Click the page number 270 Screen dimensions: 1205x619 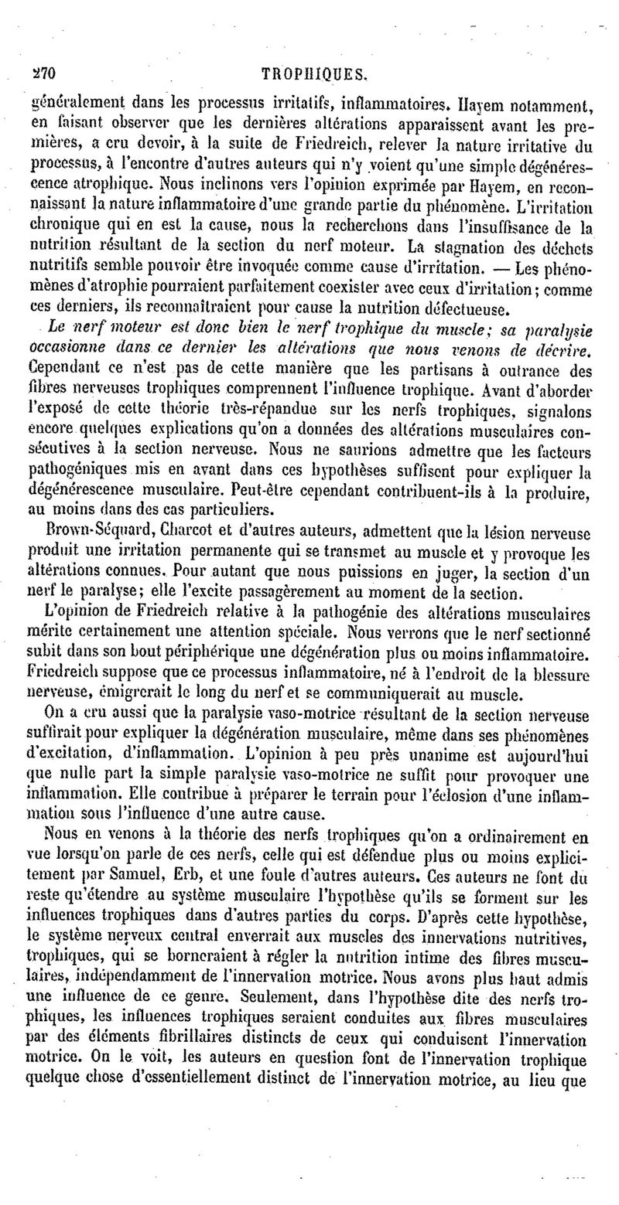[x=29, y=74]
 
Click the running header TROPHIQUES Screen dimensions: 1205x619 [x=315, y=74]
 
